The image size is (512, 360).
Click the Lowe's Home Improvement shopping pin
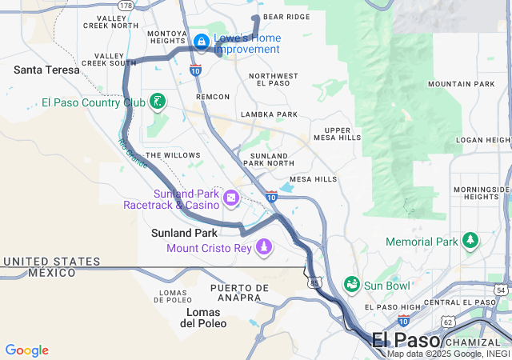(201, 40)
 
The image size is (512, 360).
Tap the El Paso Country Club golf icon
(158, 102)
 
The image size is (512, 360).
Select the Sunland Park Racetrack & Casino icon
(230, 198)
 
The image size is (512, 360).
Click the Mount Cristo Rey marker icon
(263, 248)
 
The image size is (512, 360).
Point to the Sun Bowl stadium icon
(351, 284)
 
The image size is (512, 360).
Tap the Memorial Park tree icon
(470, 241)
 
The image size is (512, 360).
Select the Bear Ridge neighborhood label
(286, 17)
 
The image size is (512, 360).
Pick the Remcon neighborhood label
(213, 97)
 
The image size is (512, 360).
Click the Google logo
(26, 350)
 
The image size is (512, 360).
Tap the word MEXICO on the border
(52, 273)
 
